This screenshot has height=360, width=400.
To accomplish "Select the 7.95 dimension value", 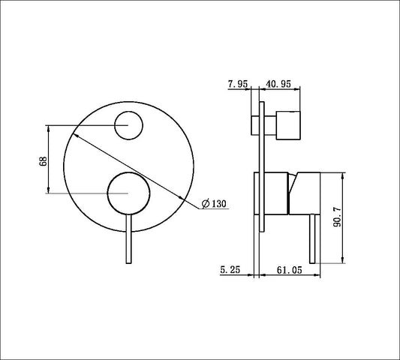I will [238, 84].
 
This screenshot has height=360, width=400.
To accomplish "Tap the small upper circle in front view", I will [129, 125].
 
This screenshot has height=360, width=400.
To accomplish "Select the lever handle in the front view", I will [128, 240].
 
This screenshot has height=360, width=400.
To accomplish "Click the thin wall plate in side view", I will [260, 165].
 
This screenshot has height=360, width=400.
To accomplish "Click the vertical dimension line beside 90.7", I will [344, 218].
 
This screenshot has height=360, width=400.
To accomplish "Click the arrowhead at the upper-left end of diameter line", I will [74, 133].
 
